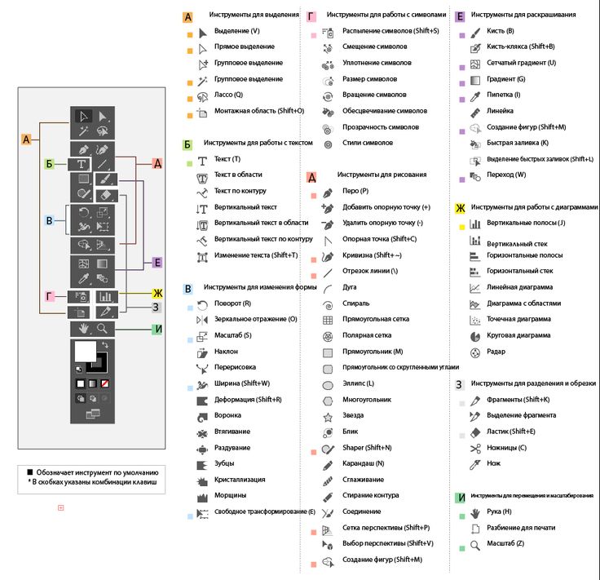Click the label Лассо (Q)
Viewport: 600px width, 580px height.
click(x=228, y=95)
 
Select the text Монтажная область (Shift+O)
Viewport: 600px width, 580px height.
click(x=258, y=110)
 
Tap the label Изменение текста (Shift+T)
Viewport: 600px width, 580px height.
click(x=256, y=255)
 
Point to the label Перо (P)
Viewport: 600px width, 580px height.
click(x=355, y=191)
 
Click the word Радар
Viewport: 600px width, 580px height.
click(x=496, y=352)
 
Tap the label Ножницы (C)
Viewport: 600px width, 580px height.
click(x=506, y=448)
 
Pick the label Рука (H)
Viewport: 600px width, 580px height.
click(x=500, y=512)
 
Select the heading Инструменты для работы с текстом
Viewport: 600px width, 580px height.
click(x=258, y=142)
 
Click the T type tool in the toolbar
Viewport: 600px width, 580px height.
click(x=82, y=164)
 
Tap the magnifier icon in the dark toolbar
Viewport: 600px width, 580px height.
click(x=103, y=328)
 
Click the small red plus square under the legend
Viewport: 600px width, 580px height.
click(x=60, y=508)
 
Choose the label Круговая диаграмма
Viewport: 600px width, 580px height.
click(x=518, y=335)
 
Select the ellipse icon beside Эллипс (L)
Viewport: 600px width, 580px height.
click(x=328, y=384)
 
